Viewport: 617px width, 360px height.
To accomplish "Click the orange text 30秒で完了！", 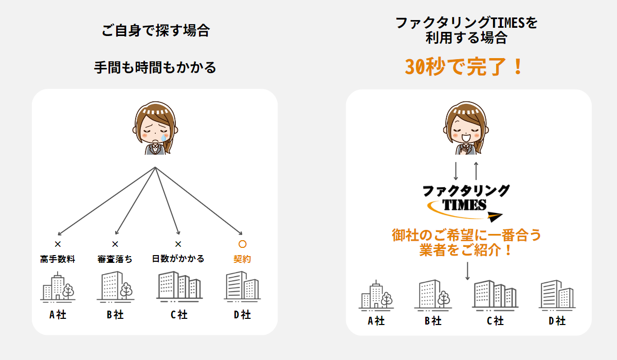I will pyautogui.click(x=464, y=67).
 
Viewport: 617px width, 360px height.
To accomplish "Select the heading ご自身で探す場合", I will pyautogui.click(x=155, y=30).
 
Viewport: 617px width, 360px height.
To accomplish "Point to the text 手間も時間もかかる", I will pyautogui.click(x=155, y=67).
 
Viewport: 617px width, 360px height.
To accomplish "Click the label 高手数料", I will pyautogui.click(x=58, y=259).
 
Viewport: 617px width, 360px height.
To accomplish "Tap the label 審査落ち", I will pyautogui.click(x=115, y=259).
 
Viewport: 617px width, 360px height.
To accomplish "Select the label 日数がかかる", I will pyautogui.click(x=178, y=259).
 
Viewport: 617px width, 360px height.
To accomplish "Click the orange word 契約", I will pyautogui.click(x=242, y=259).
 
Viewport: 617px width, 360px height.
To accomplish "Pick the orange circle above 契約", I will pyautogui.click(x=242, y=244).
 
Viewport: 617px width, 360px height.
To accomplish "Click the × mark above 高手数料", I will pyautogui.click(x=58, y=244).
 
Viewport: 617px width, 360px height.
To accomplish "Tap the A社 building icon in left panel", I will pyautogui.click(x=58, y=287).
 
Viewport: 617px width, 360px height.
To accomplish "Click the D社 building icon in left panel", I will pyautogui.click(x=242, y=286).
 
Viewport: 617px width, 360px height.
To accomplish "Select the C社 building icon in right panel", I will pyautogui.click(x=495, y=294).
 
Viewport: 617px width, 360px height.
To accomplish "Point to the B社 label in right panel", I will pyautogui.click(x=433, y=321).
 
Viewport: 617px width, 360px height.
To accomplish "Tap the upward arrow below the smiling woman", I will pyautogui.click(x=476, y=171).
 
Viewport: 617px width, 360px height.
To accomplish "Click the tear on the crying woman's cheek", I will pyautogui.click(x=163, y=137).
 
